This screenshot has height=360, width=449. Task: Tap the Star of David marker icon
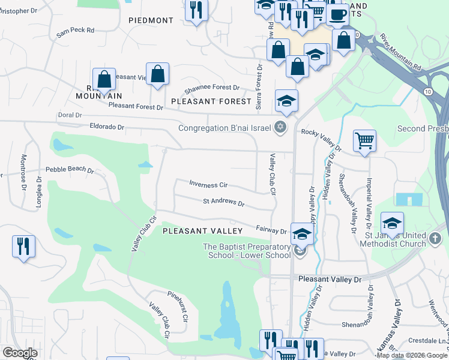[279, 127]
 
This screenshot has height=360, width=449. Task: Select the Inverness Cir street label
[208, 184]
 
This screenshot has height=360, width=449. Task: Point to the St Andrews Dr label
[223, 202]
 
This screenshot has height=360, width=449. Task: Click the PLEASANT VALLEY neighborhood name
[202, 230]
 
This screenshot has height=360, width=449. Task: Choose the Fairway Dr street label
[271, 230]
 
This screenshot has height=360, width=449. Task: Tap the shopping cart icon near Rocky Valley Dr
[364, 141]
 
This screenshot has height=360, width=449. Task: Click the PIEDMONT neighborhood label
[151, 20]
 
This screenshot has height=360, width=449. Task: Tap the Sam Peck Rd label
[76, 30]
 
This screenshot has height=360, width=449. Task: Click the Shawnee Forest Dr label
[212, 88]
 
